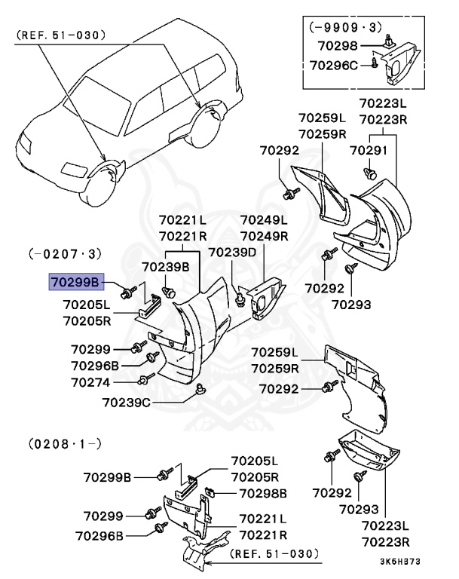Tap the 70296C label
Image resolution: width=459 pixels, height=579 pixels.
[x=333, y=66]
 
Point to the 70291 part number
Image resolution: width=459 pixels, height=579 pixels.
[x=369, y=150]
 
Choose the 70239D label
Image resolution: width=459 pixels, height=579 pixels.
[x=232, y=252]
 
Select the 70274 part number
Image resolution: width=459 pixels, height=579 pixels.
[x=92, y=382]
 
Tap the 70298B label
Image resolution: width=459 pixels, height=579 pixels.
[x=263, y=493]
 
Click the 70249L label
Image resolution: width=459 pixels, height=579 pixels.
[x=264, y=220]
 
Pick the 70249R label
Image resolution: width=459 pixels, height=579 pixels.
[x=264, y=235]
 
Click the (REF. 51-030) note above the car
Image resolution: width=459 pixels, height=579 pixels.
[x=60, y=35]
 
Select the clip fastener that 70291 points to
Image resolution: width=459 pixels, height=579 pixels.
[x=370, y=174]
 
